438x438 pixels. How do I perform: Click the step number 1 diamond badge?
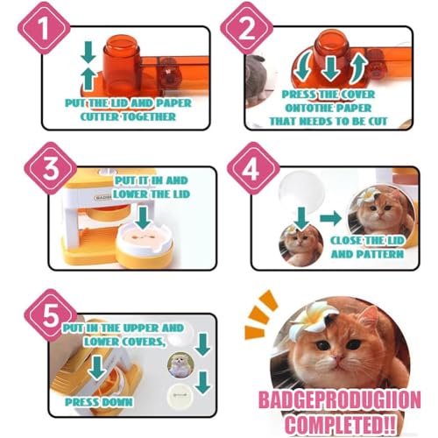point(44,28)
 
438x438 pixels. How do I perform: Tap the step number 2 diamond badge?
point(247,28)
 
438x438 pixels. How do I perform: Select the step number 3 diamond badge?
point(51,168)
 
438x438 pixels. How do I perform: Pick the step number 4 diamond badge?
point(253,168)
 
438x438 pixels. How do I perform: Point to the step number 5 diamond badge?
point(51,315)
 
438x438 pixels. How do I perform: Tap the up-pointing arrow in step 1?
point(88,79)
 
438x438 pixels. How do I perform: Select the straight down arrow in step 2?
point(330,68)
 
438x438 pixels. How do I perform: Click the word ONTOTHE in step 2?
point(305,108)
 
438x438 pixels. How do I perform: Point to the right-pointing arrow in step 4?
point(330,218)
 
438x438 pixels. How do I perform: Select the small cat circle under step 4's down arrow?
point(300,246)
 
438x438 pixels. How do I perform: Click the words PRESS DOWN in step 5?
point(99,402)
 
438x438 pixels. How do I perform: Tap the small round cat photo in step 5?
point(180,365)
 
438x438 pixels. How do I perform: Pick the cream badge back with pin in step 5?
point(180,396)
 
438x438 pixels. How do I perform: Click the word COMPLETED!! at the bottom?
point(340,425)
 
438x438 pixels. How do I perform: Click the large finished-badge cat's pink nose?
point(338,358)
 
